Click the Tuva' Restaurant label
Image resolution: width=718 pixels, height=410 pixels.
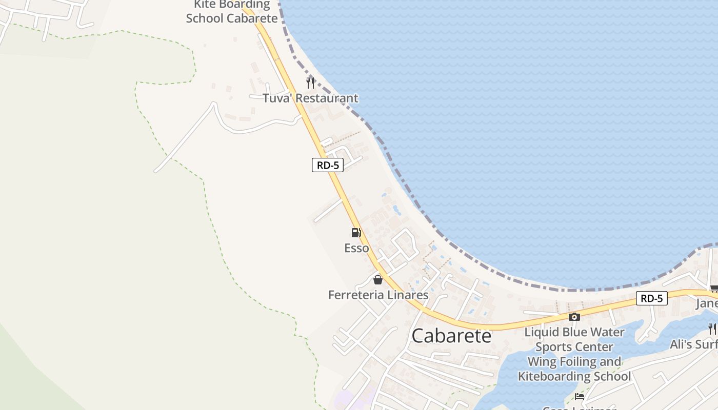click(310, 98)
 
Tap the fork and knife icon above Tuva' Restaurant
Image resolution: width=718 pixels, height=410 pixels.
click(310, 83)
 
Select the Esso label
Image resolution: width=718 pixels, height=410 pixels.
click(356, 248)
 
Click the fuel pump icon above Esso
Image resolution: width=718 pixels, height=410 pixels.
click(356, 233)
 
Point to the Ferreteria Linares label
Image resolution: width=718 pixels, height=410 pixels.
click(378, 295)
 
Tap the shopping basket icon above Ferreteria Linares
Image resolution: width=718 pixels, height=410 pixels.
click(378, 280)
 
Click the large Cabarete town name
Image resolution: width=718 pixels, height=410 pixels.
click(451, 336)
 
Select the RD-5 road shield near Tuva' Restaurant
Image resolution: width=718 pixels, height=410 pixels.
click(328, 165)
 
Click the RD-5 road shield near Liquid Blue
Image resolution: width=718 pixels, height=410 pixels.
click(651, 298)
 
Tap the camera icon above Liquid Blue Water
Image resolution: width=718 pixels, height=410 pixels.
click(574, 317)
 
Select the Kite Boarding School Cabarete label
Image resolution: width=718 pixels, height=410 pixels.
click(232, 11)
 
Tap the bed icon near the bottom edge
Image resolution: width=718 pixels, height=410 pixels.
click(580, 397)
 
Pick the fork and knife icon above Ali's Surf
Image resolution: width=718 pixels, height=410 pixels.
click(712, 329)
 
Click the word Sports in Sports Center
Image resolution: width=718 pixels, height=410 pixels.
click(553, 347)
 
